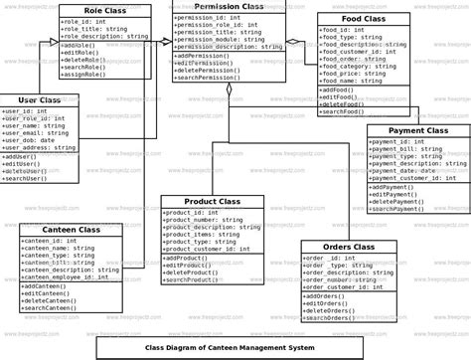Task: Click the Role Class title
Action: pyautogui.click(x=103, y=9)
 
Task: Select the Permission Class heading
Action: pyautogui.click(x=229, y=7)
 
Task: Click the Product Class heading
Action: pyautogui.click(x=212, y=201)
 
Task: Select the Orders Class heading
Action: pyautogui.click(x=348, y=247)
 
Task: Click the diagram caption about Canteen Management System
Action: pyautogui.click(x=235, y=347)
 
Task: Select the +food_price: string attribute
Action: pyautogui.click(x=354, y=72)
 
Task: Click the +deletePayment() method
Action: pyautogui.click(x=396, y=202)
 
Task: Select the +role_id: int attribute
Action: pyautogui.click(x=83, y=20)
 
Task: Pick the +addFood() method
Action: pyautogui.click(x=339, y=90)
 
